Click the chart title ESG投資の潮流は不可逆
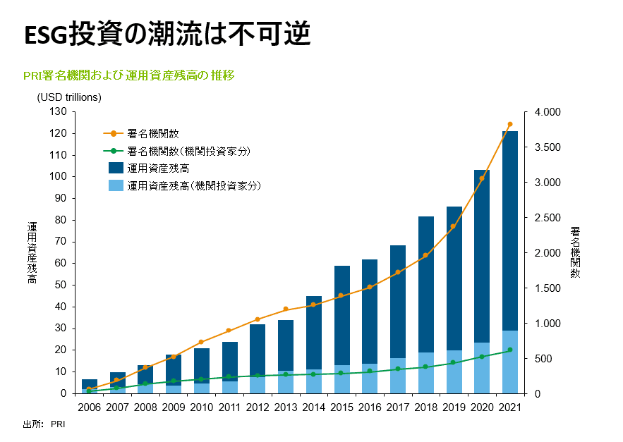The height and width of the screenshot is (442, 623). [167, 34]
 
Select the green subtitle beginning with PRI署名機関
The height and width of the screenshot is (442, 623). [128, 75]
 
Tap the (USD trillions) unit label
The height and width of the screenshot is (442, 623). [69, 97]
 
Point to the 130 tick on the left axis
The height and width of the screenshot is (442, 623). [58, 111]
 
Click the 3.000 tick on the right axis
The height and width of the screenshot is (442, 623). [548, 183]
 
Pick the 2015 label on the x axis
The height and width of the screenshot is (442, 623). [341, 407]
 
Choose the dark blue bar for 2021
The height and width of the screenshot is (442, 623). [510, 231]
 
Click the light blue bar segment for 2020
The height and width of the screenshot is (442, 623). [482, 368]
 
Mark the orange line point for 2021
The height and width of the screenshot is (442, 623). [510, 124]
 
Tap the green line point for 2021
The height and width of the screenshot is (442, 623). [510, 350]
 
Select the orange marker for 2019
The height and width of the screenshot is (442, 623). [453, 226]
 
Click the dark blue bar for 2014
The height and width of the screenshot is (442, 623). [314, 333]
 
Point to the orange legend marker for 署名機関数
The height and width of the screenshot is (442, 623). [114, 134]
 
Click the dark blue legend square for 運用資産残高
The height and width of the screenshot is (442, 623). [116, 168]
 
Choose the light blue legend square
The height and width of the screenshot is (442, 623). [116, 185]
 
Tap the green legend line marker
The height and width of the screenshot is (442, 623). [114, 151]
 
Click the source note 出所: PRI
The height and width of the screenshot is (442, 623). [44, 424]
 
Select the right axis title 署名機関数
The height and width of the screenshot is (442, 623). [575, 252]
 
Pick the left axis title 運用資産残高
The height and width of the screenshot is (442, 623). [32, 252]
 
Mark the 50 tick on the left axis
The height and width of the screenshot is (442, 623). [61, 285]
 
